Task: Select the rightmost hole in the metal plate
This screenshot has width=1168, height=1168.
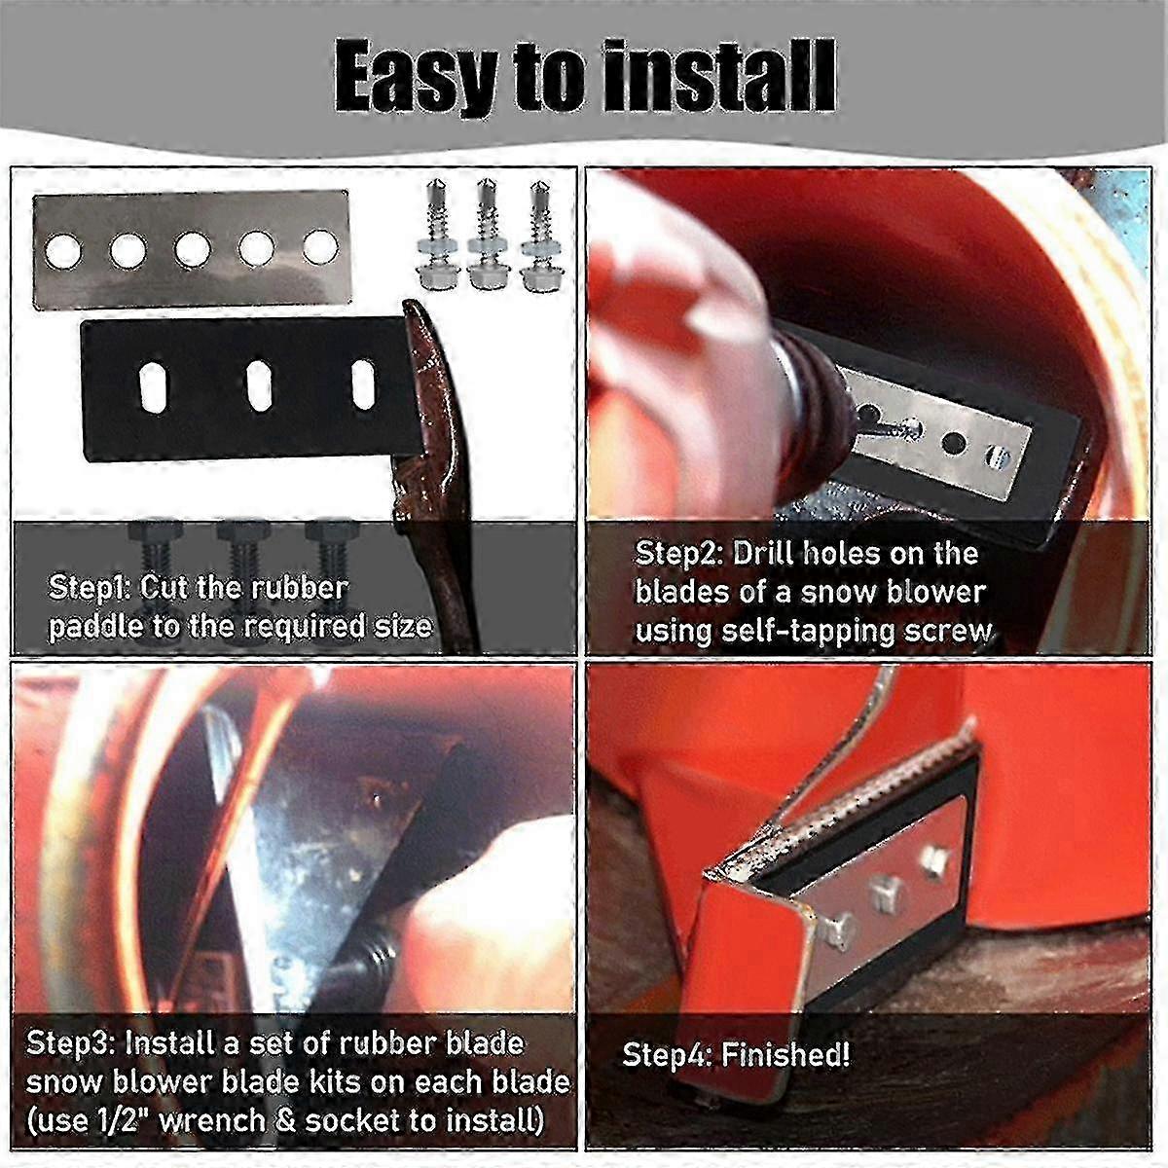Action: click(x=319, y=245)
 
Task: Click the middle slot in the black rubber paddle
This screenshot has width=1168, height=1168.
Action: click(x=260, y=384)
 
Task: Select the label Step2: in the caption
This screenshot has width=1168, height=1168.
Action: click(x=678, y=554)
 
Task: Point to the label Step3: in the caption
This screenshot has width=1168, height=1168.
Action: click(x=71, y=1042)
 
